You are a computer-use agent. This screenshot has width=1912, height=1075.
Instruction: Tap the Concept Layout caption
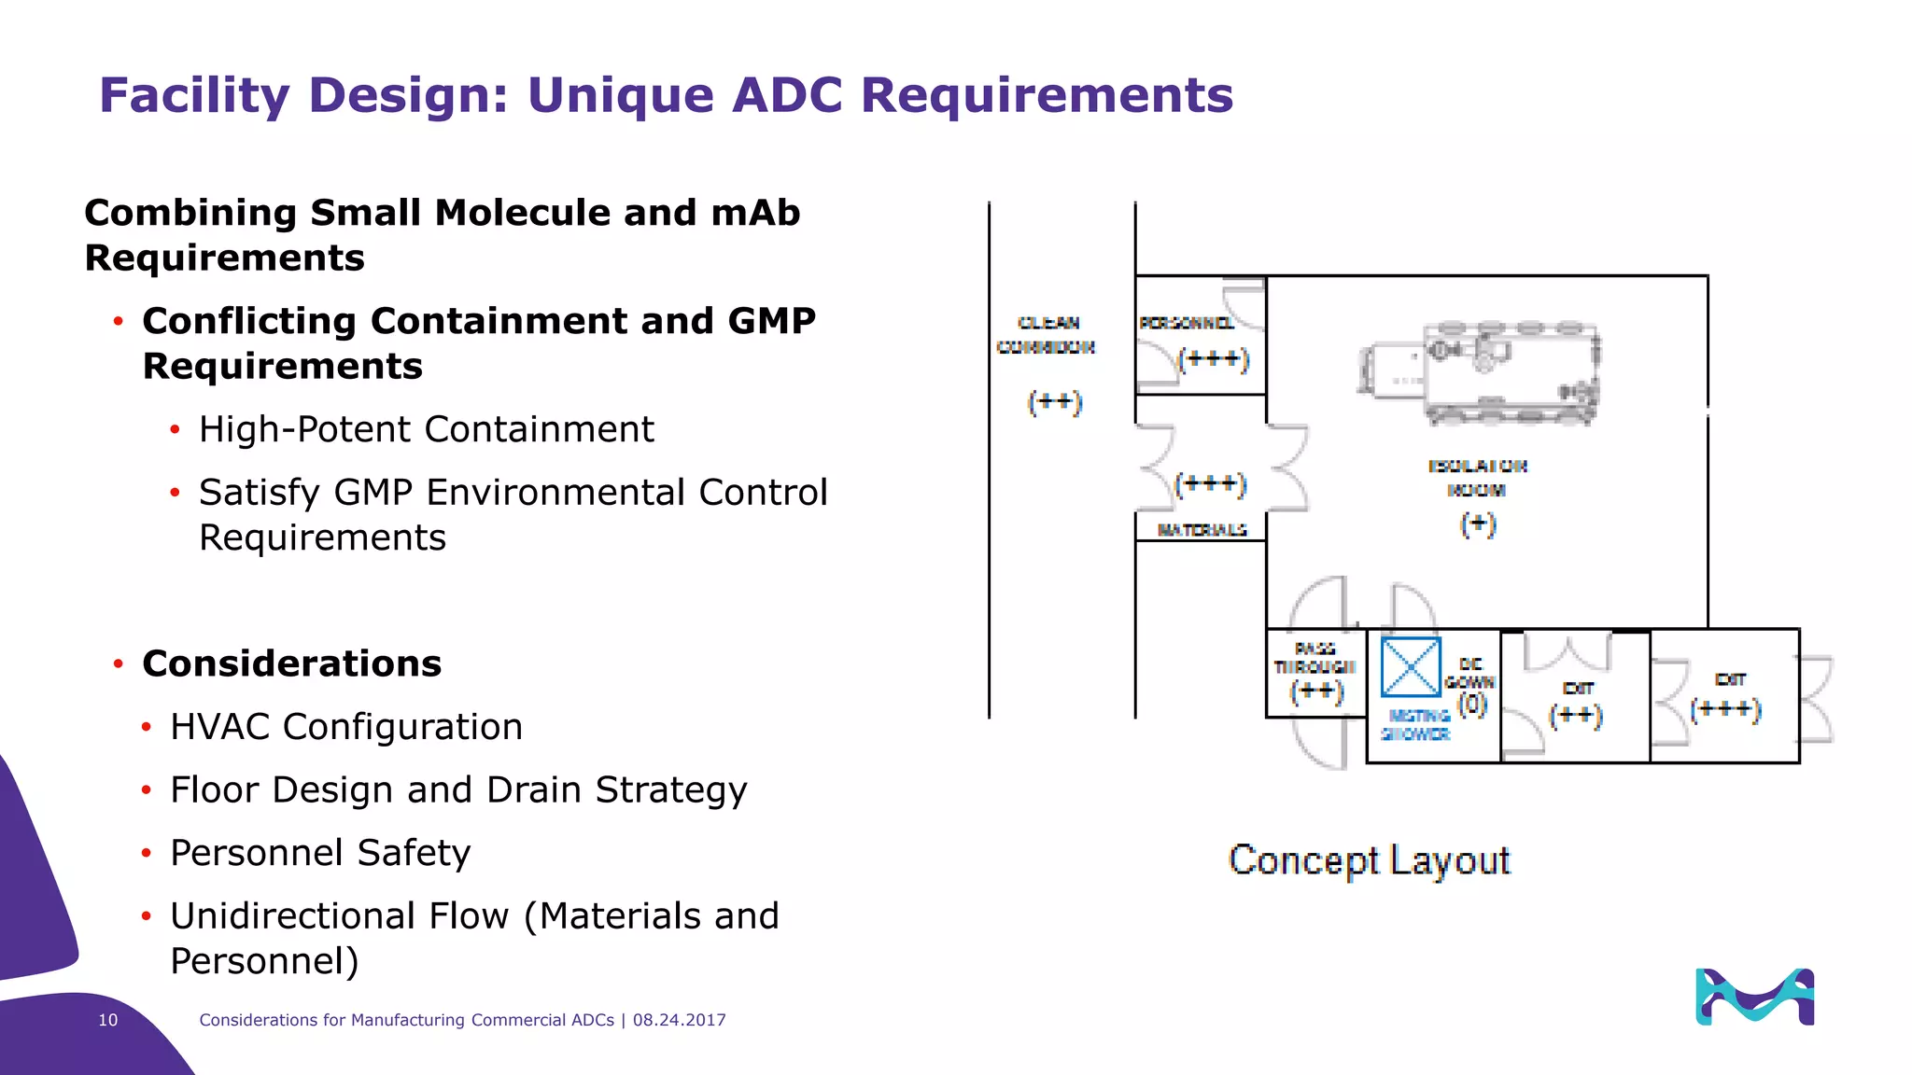[1369, 859]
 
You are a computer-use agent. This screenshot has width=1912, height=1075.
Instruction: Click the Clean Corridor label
[1047, 335]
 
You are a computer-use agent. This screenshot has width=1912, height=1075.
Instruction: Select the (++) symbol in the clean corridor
[1054, 402]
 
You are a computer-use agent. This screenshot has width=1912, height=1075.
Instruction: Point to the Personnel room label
[1186, 323]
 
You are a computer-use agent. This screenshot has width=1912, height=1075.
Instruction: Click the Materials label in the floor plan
[1202, 530]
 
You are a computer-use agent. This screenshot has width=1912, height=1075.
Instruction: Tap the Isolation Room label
[1477, 478]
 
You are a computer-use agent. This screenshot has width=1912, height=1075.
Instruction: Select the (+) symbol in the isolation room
[1478, 524]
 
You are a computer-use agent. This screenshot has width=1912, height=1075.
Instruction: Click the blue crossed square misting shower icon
[1411, 667]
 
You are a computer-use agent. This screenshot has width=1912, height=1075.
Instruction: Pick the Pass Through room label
[1314, 658]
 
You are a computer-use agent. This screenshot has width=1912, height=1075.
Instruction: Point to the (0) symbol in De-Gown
[1472, 704]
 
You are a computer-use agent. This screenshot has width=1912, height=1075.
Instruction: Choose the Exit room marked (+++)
[1725, 695]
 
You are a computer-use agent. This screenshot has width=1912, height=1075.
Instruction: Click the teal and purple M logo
[1754, 997]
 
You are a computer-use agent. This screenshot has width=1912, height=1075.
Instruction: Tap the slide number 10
[108, 1020]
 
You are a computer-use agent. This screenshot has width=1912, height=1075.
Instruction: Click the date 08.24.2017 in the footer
[679, 1020]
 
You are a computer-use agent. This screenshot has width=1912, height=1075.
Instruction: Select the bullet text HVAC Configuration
[346, 727]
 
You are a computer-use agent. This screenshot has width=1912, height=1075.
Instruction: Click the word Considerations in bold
[291, 663]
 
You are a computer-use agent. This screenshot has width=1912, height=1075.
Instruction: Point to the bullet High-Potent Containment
[426, 429]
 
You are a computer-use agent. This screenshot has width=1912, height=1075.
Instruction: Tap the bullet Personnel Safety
[320, 853]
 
